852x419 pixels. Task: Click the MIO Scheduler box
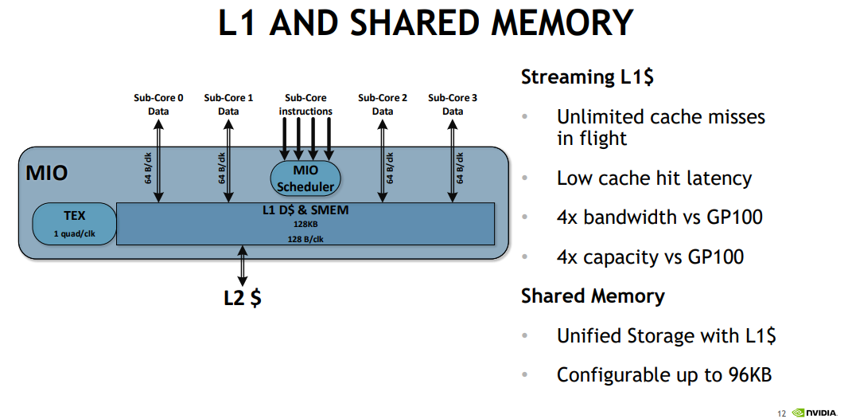305,178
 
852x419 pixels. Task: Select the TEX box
74,223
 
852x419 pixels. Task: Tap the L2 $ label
243,298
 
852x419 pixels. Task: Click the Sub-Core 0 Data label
158,104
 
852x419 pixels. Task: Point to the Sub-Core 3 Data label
453,104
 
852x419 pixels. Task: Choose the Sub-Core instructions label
305,104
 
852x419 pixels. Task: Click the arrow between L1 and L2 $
243,263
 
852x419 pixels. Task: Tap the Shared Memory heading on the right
593,296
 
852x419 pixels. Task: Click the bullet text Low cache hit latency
654,178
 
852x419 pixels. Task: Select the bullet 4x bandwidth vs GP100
659,217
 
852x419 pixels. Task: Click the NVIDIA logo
815,413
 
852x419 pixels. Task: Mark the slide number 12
782,413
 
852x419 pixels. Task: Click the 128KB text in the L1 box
305,225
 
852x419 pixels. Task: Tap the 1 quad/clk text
74,233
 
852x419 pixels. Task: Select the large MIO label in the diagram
47,172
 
